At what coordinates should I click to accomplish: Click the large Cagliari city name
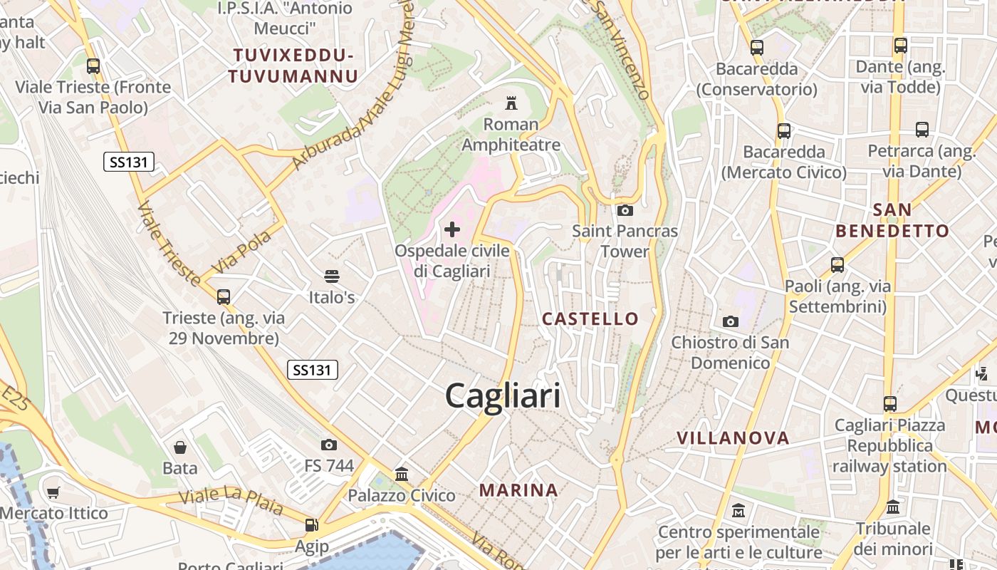pyautogui.click(x=503, y=395)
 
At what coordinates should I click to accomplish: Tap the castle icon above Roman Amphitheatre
pyautogui.click(x=511, y=103)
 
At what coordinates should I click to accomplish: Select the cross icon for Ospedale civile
pyautogui.click(x=452, y=229)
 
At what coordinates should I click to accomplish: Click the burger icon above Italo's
pyautogui.click(x=331, y=276)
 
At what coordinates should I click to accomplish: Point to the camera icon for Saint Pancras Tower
pyautogui.click(x=625, y=210)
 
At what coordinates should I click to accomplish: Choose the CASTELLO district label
pyautogui.click(x=590, y=318)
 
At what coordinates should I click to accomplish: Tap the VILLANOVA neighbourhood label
pyautogui.click(x=733, y=438)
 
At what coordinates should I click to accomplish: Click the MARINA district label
pyautogui.click(x=518, y=490)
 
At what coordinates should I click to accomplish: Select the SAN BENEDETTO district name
pyautogui.click(x=892, y=220)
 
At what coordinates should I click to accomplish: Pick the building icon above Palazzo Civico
pyautogui.click(x=402, y=474)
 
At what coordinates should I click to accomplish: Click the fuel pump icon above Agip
pyautogui.click(x=311, y=525)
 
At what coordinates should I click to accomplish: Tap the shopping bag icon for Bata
pyautogui.click(x=180, y=447)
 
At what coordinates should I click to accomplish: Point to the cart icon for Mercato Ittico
pyautogui.click(x=53, y=492)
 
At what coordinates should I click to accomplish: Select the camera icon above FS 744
pyautogui.click(x=328, y=445)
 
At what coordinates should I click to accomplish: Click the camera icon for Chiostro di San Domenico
pyautogui.click(x=730, y=321)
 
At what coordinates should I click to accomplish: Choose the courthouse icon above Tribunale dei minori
pyautogui.click(x=893, y=507)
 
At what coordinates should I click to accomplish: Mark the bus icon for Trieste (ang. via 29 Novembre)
pyautogui.click(x=224, y=296)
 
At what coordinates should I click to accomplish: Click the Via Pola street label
pyautogui.click(x=241, y=251)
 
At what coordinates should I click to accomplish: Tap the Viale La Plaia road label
pyautogui.click(x=231, y=502)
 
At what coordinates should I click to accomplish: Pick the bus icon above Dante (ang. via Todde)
pyautogui.click(x=901, y=46)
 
